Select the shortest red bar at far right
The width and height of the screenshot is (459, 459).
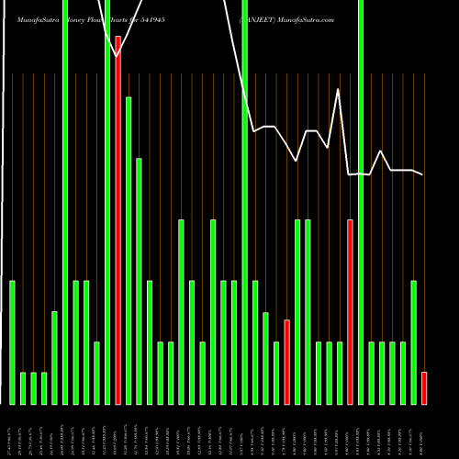click(x=424, y=387)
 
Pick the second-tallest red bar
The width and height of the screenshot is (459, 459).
click(x=350, y=312)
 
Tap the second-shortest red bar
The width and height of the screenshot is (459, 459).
click(x=286, y=362)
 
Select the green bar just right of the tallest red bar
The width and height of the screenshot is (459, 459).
click(x=129, y=250)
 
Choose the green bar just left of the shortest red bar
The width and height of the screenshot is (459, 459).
click(x=413, y=341)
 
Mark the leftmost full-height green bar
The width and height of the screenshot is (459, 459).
click(x=64, y=202)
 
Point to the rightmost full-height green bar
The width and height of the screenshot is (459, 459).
click(x=361, y=202)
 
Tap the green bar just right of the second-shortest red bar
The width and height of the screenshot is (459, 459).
click(x=297, y=312)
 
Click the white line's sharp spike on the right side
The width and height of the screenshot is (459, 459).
click(x=339, y=90)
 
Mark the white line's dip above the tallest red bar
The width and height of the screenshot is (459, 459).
click(x=118, y=56)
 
